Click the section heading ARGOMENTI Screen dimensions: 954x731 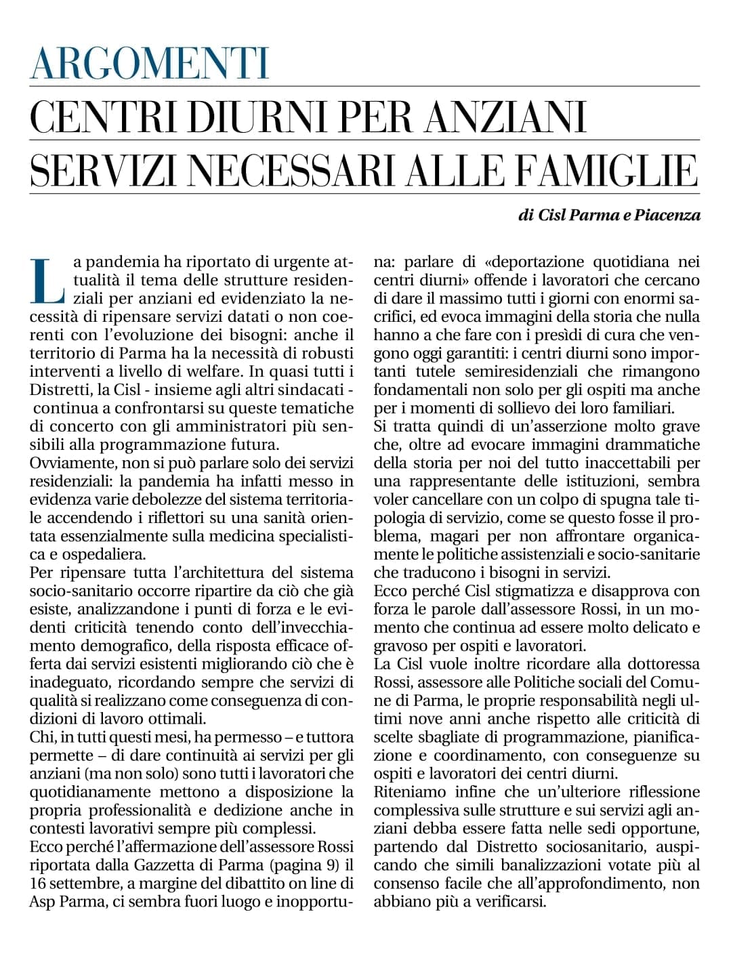point(150,64)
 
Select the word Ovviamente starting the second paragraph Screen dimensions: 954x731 point(70,463)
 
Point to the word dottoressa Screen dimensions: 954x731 point(656,664)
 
